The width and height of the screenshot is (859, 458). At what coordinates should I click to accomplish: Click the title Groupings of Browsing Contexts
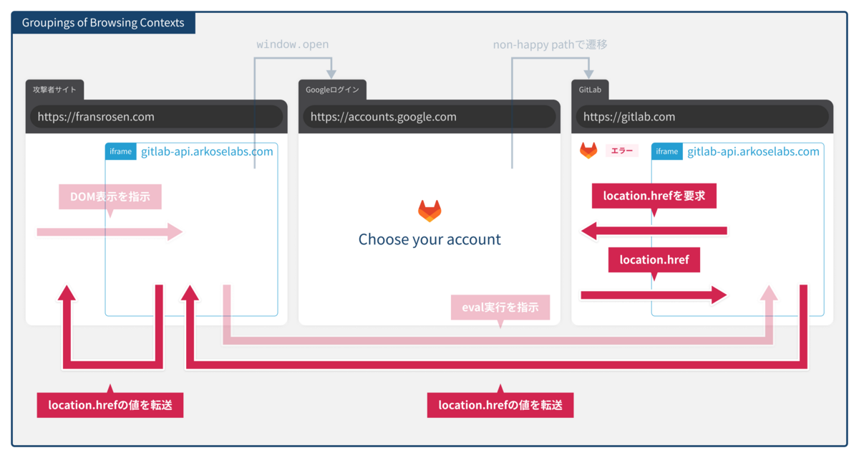pos(103,23)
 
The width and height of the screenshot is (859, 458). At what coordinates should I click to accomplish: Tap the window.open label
pos(293,44)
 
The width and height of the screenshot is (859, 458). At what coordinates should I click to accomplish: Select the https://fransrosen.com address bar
pos(157,117)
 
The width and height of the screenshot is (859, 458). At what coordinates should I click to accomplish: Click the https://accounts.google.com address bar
pos(429,117)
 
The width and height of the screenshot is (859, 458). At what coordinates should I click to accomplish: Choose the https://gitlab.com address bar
pos(702,117)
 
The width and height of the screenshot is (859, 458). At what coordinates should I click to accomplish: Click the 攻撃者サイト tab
pos(54,90)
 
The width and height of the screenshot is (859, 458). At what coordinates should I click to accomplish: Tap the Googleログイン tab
pos(332,90)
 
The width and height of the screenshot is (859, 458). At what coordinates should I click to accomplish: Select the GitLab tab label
pos(590,90)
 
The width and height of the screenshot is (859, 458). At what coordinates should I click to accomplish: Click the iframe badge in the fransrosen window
pos(121,151)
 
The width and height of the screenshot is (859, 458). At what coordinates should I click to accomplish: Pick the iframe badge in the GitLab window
pos(667,151)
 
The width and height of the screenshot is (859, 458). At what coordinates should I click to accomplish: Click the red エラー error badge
pos(621,151)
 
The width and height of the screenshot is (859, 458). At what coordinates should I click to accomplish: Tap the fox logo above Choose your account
pos(429,211)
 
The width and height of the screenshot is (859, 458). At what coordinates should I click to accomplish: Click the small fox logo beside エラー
pos(588,150)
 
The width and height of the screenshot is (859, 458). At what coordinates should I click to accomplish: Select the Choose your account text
pos(429,239)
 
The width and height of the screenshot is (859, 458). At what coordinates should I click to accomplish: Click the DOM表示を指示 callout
pos(110,196)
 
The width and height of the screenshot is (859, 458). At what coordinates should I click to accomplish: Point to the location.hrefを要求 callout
pos(654,196)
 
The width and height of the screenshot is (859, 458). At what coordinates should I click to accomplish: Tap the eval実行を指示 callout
pos(500,307)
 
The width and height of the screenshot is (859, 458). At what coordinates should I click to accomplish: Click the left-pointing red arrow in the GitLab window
pos(654,231)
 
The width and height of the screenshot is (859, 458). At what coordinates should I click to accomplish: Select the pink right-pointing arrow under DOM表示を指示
pos(110,232)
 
